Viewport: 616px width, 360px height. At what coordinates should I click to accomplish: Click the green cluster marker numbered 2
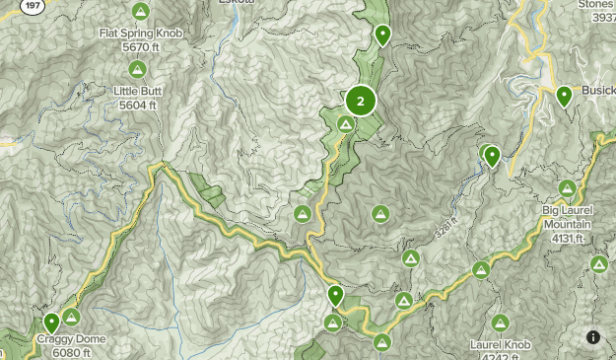[x=361, y=101]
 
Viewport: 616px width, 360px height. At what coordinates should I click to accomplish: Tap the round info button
[x=593, y=337]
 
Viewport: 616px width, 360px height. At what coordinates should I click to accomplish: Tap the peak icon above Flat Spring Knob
[x=140, y=12]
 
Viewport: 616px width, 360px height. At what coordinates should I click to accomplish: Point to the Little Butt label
[x=138, y=91]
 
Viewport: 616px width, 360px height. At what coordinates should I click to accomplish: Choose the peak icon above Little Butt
[x=137, y=70]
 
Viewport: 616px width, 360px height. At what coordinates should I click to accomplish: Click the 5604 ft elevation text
[x=138, y=105]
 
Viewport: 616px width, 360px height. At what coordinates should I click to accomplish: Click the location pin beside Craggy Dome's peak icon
[x=51, y=322]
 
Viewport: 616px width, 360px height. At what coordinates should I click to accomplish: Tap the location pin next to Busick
[x=565, y=96]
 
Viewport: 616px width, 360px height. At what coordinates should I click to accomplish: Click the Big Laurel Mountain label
[x=568, y=217]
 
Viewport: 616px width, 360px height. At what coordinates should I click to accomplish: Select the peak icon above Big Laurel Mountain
[x=567, y=188]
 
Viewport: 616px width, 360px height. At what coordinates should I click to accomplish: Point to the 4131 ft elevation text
[x=568, y=238]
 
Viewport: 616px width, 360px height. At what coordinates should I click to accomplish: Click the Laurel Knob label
[x=501, y=345]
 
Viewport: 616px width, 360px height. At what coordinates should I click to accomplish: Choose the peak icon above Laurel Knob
[x=500, y=323]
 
